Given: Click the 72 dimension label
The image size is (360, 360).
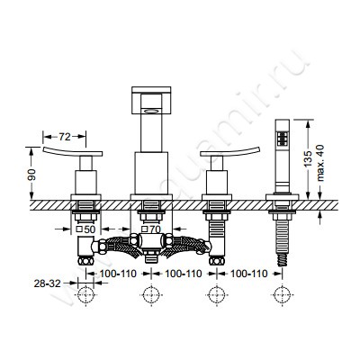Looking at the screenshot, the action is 64,137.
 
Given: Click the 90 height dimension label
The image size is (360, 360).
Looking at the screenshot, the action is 31,175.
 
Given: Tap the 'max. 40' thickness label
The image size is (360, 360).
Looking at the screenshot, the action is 320,163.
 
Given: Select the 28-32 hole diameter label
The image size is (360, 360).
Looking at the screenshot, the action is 47,283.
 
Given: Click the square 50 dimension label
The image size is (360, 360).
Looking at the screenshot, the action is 85,229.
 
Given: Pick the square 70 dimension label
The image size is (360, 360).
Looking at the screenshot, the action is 151,229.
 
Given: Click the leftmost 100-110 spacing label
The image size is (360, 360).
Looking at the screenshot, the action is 118,274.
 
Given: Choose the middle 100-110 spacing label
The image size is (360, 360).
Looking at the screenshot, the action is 184,274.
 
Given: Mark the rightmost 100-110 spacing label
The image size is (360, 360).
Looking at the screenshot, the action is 248,274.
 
